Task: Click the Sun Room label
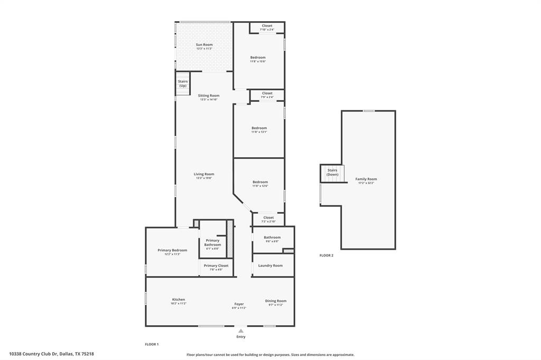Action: (204, 45)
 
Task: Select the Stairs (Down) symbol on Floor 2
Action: (332, 173)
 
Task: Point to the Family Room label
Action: (366, 179)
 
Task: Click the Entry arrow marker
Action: (241, 331)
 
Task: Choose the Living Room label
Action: (204, 174)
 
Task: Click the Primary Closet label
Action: (216, 266)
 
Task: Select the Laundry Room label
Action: (270, 266)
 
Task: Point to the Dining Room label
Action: (275, 301)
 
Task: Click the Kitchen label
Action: (178, 299)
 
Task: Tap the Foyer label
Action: (239, 304)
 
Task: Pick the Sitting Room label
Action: (209, 96)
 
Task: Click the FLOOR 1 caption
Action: (152, 344)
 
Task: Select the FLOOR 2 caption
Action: (327, 255)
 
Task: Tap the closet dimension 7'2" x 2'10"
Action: (268, 221)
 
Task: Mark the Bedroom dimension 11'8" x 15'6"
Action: (258, 61)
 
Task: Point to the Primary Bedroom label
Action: (172, 250)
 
